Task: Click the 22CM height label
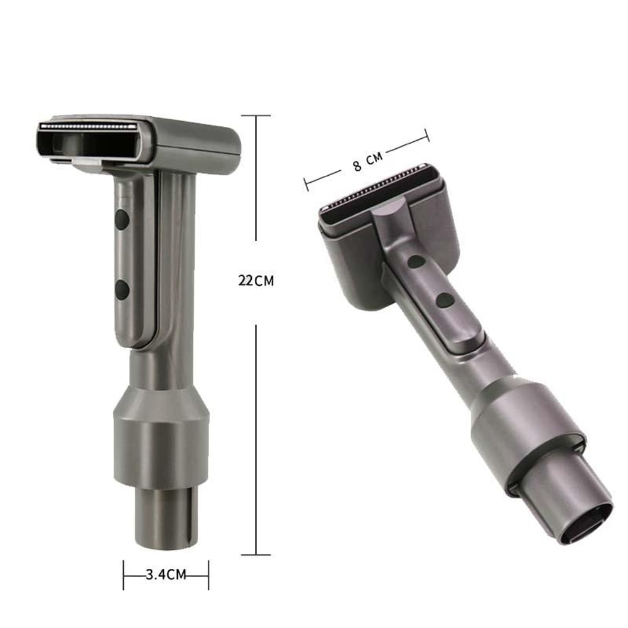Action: [x=256, y=281]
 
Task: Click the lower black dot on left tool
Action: [x=122, y=290]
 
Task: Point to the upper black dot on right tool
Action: [x=415, y=261]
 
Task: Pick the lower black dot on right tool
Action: [x=445, y=300]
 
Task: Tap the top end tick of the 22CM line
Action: [x=256, y=116]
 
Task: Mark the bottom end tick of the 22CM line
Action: [x=256, y=555]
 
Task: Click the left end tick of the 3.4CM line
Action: [x=124, y=575]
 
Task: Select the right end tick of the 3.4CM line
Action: [x=208, y=575]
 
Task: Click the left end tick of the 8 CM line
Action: [x=306, y=183]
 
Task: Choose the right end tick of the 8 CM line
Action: [x=427, y=134]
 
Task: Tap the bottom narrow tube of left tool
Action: [x=166, y=515]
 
